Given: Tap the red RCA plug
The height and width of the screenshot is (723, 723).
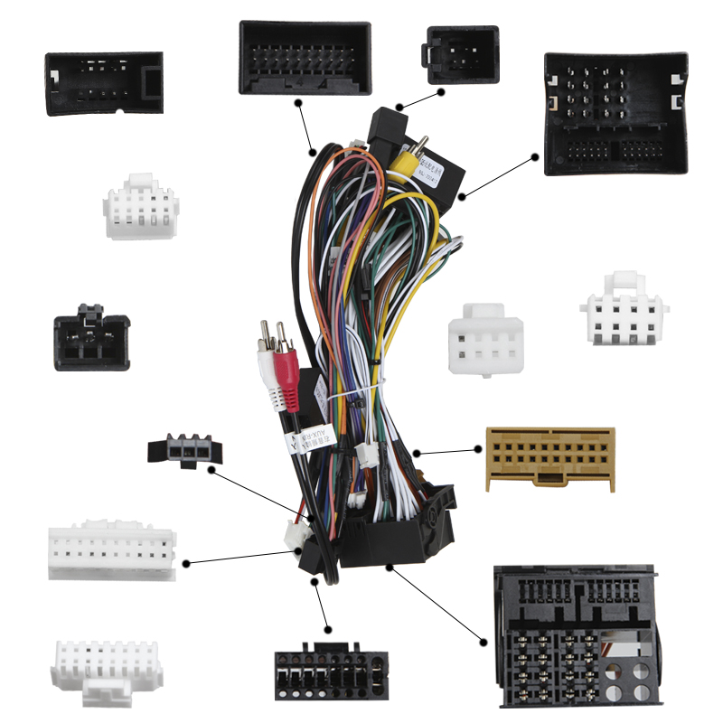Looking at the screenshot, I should (x=286, y=380).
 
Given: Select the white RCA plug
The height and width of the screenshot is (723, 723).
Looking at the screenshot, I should (x=268, y=371).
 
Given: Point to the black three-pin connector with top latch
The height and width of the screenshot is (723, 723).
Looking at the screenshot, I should (x=92, y=337).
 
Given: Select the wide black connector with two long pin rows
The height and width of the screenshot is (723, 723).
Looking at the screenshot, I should (x=305, y=57).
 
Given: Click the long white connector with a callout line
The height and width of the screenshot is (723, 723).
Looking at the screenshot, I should (x=111, y=551).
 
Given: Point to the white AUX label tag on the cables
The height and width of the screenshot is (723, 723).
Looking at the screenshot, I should (x=310, y=439).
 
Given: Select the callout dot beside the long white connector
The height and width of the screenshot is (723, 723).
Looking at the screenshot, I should (x=186, y=563).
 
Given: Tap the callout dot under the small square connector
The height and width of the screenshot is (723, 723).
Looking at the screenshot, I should (x=442, y=91).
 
